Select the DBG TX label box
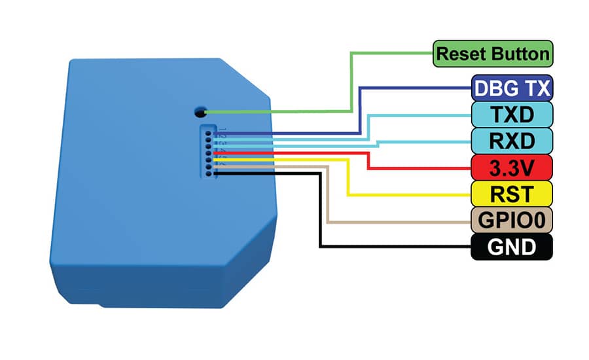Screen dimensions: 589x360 pos(512,88)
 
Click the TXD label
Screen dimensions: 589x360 pos(512,115)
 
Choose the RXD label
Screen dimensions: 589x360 pos(512,141)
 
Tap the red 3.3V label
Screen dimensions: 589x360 pos(512,168)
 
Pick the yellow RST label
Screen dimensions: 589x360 pos(512,194)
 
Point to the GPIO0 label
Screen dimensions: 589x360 pos(512,220)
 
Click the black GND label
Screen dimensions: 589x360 pos(512,247)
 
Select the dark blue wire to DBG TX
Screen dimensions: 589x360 pos(360,113)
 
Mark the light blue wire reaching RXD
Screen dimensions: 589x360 pos(377,145)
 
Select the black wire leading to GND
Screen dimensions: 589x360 pos(320,211)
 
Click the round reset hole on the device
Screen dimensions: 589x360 pos(200,112)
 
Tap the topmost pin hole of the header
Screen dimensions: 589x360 pos(207,133)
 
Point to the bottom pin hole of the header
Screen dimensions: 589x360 pos(208,173)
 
